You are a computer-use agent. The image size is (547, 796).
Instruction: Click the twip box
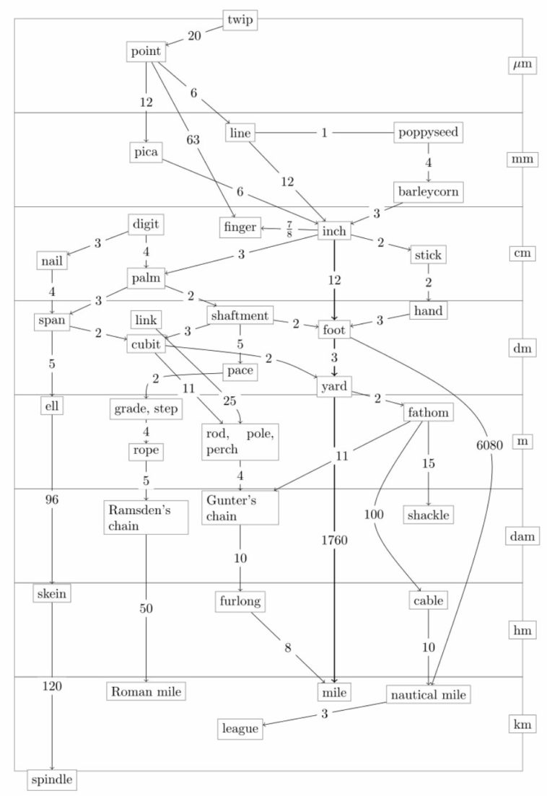pos(240,19)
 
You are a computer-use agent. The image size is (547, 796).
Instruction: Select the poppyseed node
pos(428,133)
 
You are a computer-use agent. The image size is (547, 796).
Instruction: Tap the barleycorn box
pos(428,192)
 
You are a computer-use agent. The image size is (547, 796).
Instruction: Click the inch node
pos(334,231)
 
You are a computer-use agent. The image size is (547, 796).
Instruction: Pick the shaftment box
pos(240,315)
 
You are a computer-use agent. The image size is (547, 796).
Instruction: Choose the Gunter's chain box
pos(240,507)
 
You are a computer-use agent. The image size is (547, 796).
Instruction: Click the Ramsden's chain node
pos(146,517)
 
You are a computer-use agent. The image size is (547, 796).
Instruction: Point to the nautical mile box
pos(428,694)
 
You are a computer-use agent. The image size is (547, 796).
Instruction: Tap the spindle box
pos(52,779)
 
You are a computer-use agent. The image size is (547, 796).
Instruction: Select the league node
pos(240,729)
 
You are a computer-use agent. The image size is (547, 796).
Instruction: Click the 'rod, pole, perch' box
pos(240,442)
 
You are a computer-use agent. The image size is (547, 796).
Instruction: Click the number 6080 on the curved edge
pos(490,445)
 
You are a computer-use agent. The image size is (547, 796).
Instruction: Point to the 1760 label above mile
pos(334,540)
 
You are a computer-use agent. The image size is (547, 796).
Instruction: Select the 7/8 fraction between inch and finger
pos(289,229)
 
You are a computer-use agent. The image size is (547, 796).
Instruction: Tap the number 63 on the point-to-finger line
pos(193,139)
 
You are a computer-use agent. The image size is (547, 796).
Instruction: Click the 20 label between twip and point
pos(194,35)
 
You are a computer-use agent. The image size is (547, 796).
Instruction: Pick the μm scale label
pos(522,65)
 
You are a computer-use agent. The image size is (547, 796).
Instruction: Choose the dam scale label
pos(522,536)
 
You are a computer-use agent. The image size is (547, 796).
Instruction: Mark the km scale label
pos(522,724)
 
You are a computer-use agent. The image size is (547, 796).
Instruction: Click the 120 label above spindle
pos(52,686)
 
